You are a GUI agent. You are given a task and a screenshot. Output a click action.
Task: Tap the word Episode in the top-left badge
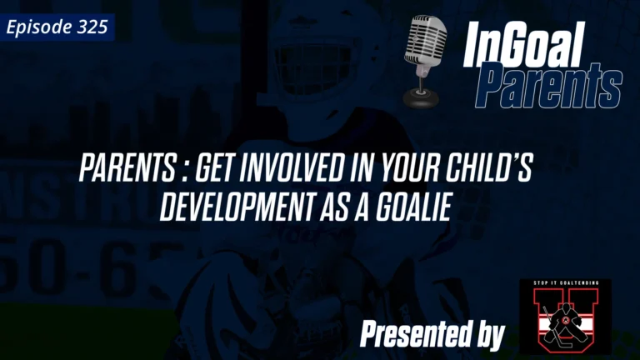pos(38,27)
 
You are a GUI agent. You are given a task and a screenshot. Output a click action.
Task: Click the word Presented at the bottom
pos(408,335)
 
